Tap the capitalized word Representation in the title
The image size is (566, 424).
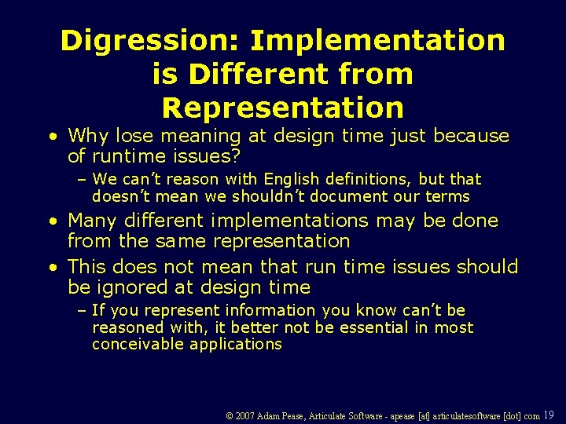point(282,107)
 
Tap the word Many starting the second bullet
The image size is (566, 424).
point(92,221)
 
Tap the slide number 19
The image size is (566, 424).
point(549,415)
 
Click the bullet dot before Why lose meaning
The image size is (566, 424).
point(51,137)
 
